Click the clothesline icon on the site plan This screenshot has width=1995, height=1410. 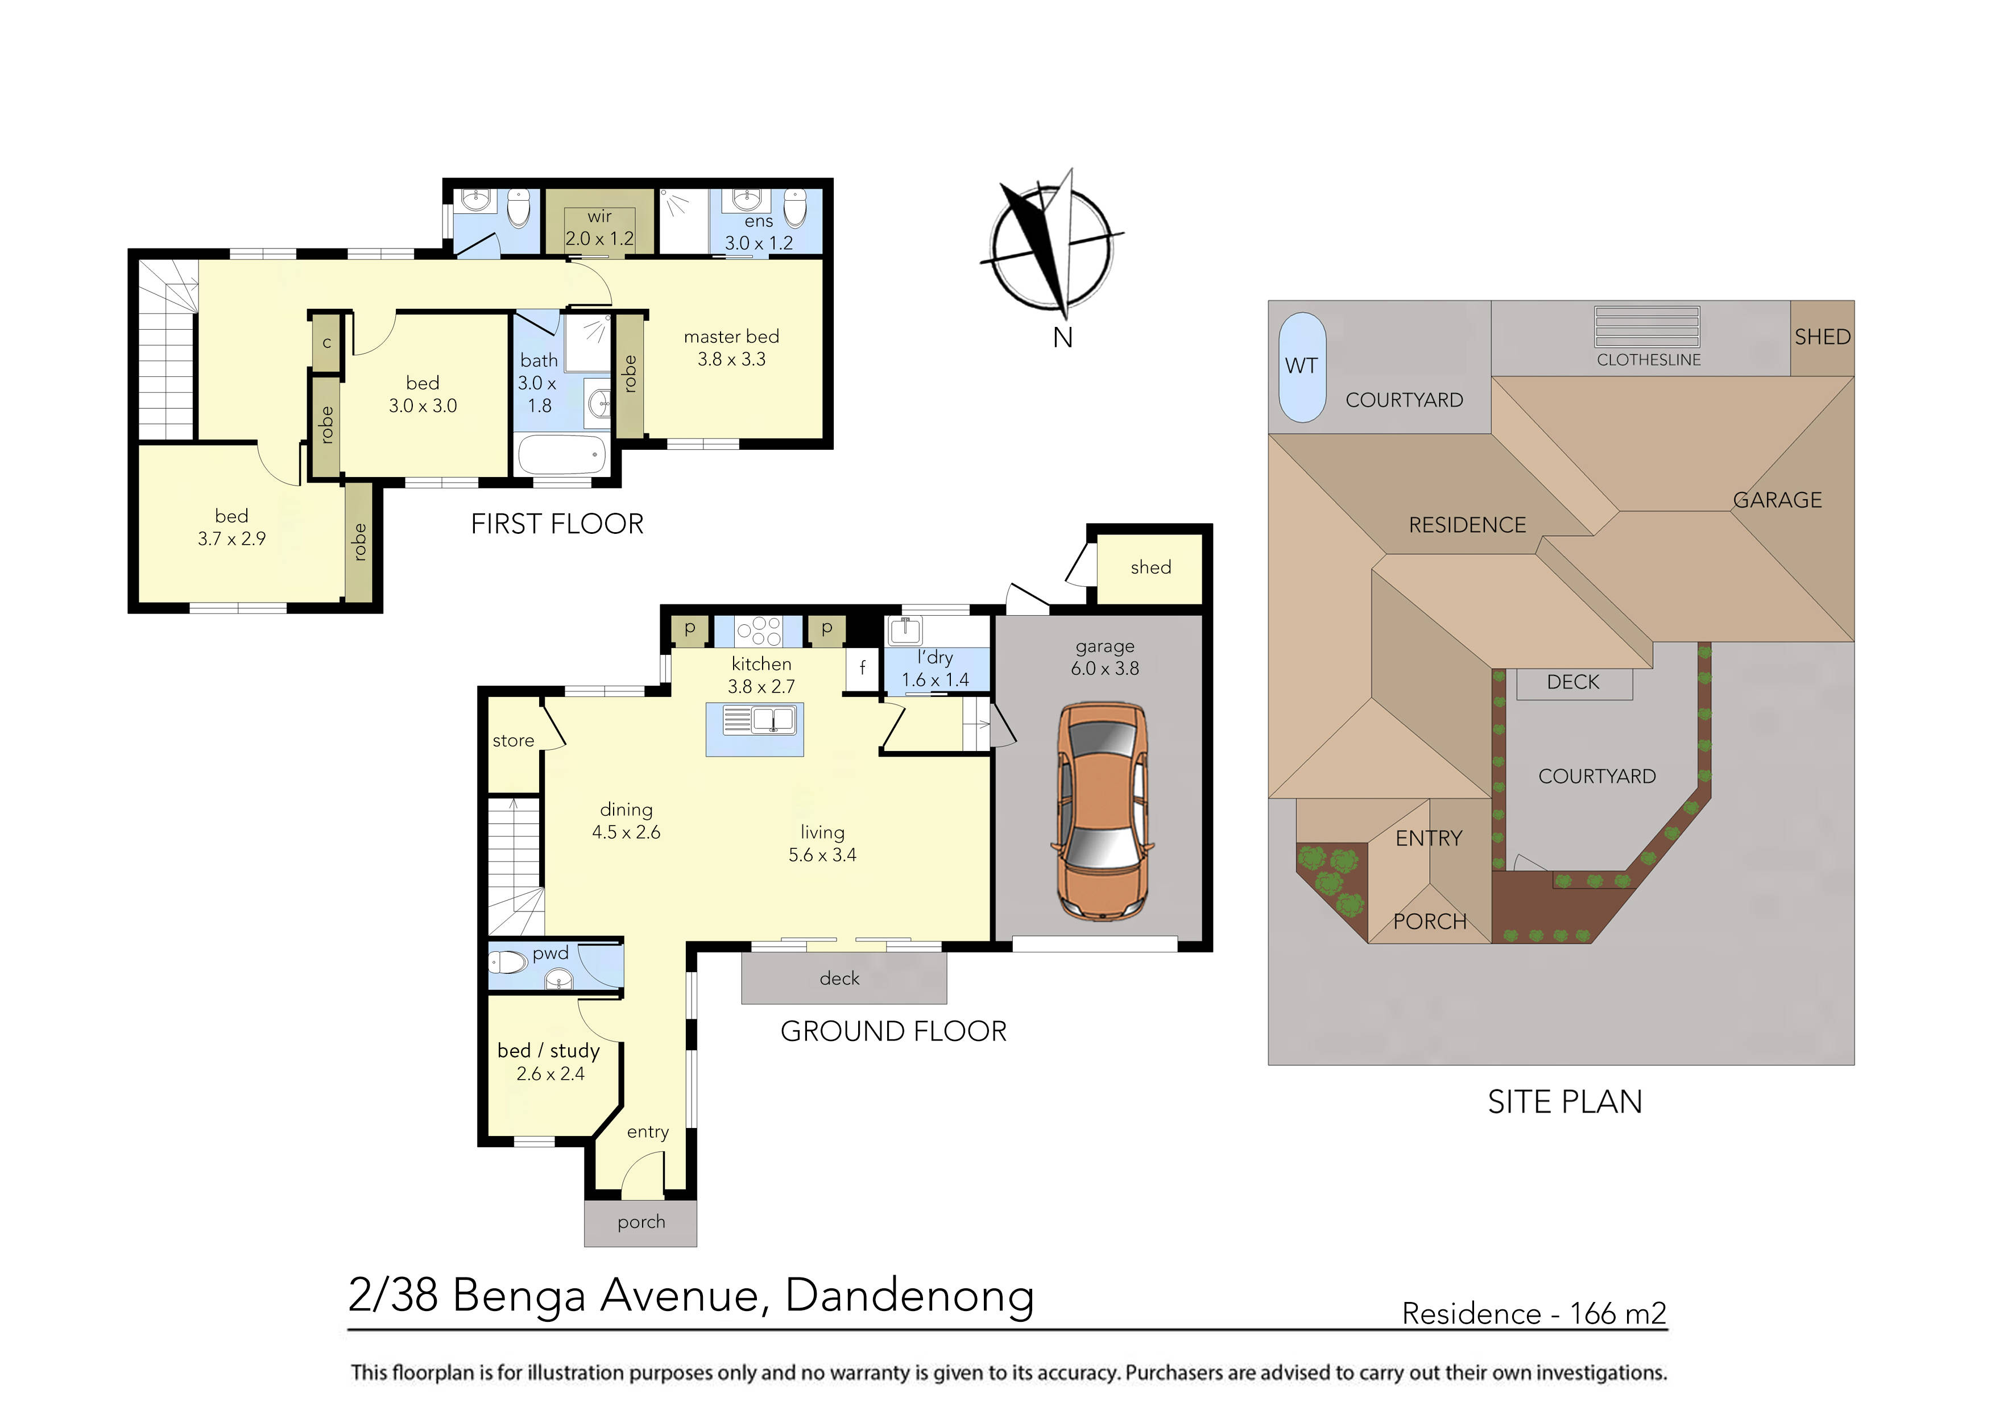click(1646, 327)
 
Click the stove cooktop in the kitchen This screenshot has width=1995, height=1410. click(759, 631)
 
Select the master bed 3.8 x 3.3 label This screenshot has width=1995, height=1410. click(731, 347)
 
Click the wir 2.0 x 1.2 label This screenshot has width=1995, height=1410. click(599, 227)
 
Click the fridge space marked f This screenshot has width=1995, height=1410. click(862, 668)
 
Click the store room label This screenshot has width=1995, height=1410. click(512, 741)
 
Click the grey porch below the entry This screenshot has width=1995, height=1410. click(640, 1222)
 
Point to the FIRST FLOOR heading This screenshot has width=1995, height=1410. click(557, 524)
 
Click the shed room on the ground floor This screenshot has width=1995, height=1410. click(1149, 568)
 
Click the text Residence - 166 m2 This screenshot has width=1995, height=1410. click(1534, 1313)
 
